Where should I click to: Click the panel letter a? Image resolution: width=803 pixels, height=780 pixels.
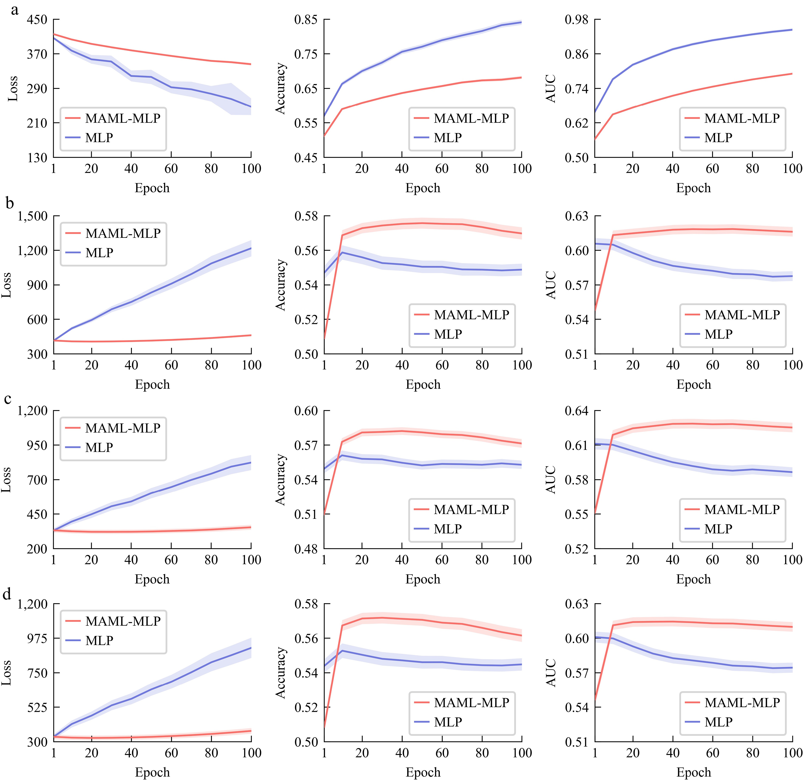pyautogui.click(x=14, y=9)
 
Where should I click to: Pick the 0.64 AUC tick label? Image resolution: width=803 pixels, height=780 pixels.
pyautogui.click(x=576, y=411)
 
